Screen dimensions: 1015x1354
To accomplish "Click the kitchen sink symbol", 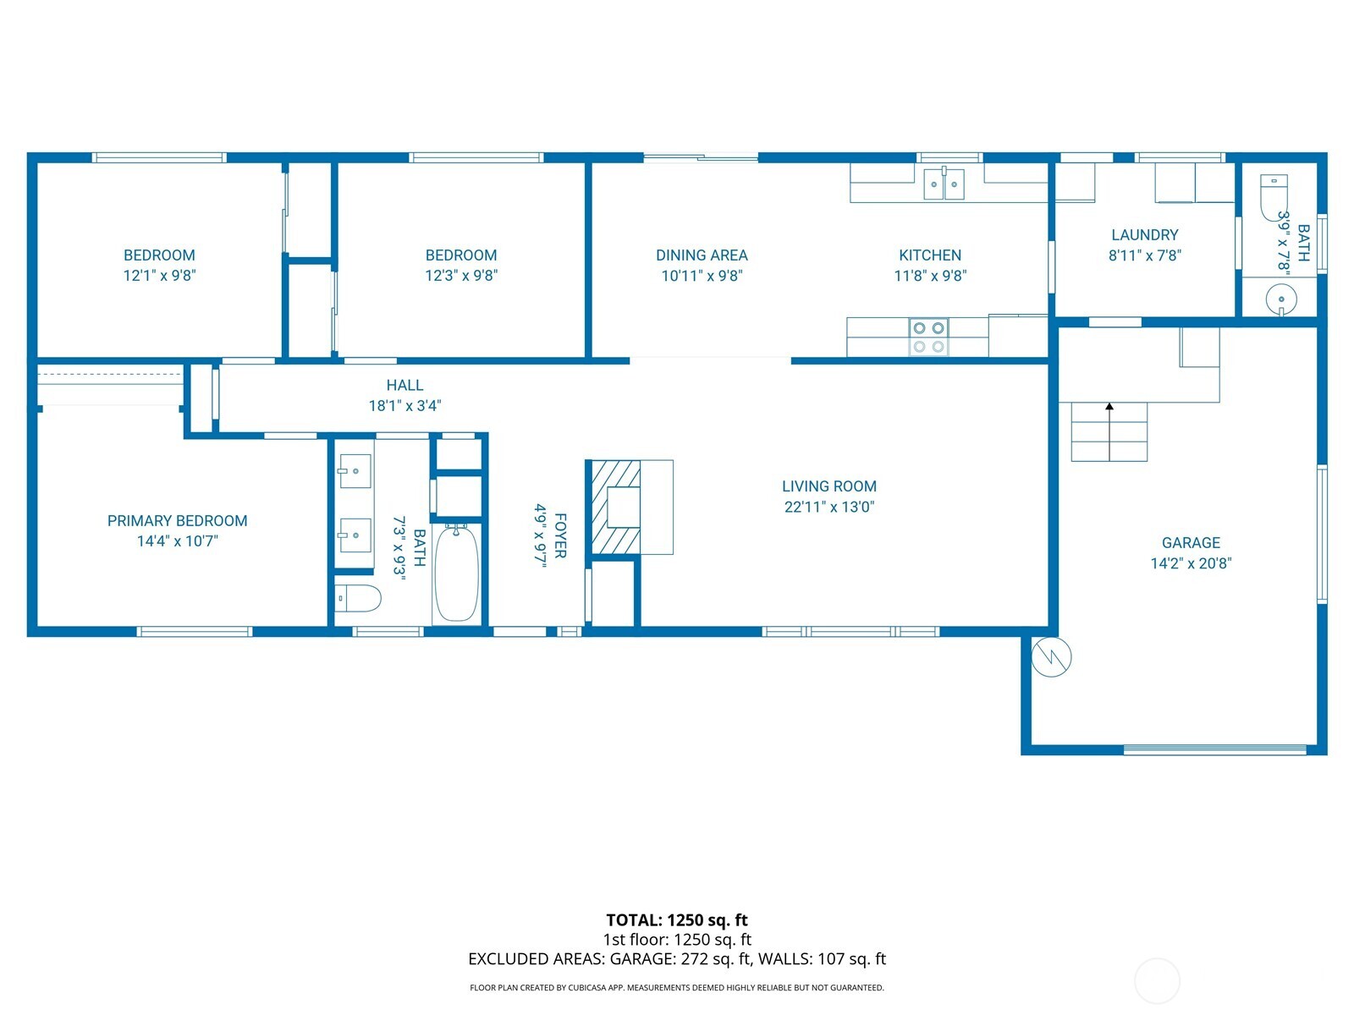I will [944, 184].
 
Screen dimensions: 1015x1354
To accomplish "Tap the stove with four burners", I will [928, 337].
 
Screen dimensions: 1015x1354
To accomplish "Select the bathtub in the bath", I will [457, 573].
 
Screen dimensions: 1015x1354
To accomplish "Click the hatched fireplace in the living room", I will [614, 507].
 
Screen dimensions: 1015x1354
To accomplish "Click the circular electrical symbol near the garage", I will [1052, 656].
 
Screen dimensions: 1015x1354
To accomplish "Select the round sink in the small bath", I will [1281, 299].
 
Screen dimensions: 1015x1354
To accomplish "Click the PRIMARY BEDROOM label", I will [177, 521].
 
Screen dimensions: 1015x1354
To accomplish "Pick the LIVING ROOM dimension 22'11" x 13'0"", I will [828, 507].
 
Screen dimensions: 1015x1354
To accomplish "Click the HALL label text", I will [405, 386].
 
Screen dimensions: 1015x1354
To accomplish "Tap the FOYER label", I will [560, 535].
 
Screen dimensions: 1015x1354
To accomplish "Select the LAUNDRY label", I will [1144, 235].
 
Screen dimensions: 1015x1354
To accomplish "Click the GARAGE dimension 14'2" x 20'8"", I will [1190, 563].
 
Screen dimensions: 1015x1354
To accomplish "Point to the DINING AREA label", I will [702, 255].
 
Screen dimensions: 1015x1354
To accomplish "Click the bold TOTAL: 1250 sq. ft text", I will [676, 920].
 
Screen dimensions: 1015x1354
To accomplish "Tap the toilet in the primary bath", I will [357, 599].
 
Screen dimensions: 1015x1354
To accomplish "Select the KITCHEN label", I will [929, 255].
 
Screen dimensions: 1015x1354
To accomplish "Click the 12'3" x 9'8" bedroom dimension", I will [460, 276].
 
